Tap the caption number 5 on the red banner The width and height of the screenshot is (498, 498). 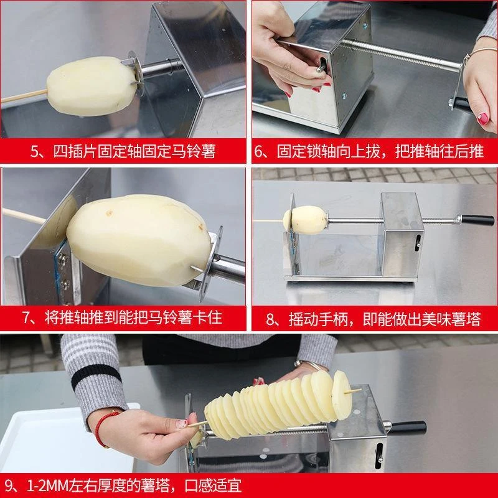[36, 151]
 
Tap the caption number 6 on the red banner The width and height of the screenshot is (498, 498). [266, 151]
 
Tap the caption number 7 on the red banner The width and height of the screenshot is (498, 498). [29, 318]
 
